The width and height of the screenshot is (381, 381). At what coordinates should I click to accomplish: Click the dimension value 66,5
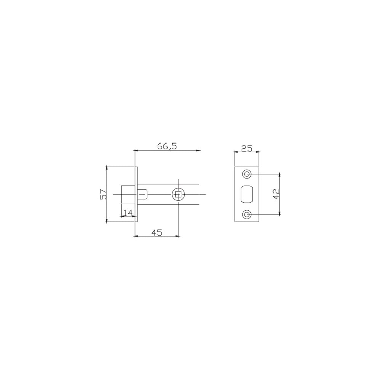coord(167,146)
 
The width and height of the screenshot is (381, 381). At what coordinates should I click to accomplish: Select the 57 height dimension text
coord(104,194)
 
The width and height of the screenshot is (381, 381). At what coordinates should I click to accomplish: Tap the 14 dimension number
coord(128,213)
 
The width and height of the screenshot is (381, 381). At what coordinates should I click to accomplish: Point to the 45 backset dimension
coord(157,232)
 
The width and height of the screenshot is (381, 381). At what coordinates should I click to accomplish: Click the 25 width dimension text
coord(247,148)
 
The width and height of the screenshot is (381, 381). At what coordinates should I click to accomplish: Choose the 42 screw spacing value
coord(277,194)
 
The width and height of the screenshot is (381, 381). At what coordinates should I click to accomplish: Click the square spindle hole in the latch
coord(178,194)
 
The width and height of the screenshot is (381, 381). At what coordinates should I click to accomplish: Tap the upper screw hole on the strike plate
coord(247,174)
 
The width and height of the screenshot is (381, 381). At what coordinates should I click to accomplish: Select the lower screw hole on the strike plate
coord(247,214)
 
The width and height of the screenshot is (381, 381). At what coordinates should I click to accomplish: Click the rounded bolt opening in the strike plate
coord(247,194)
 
